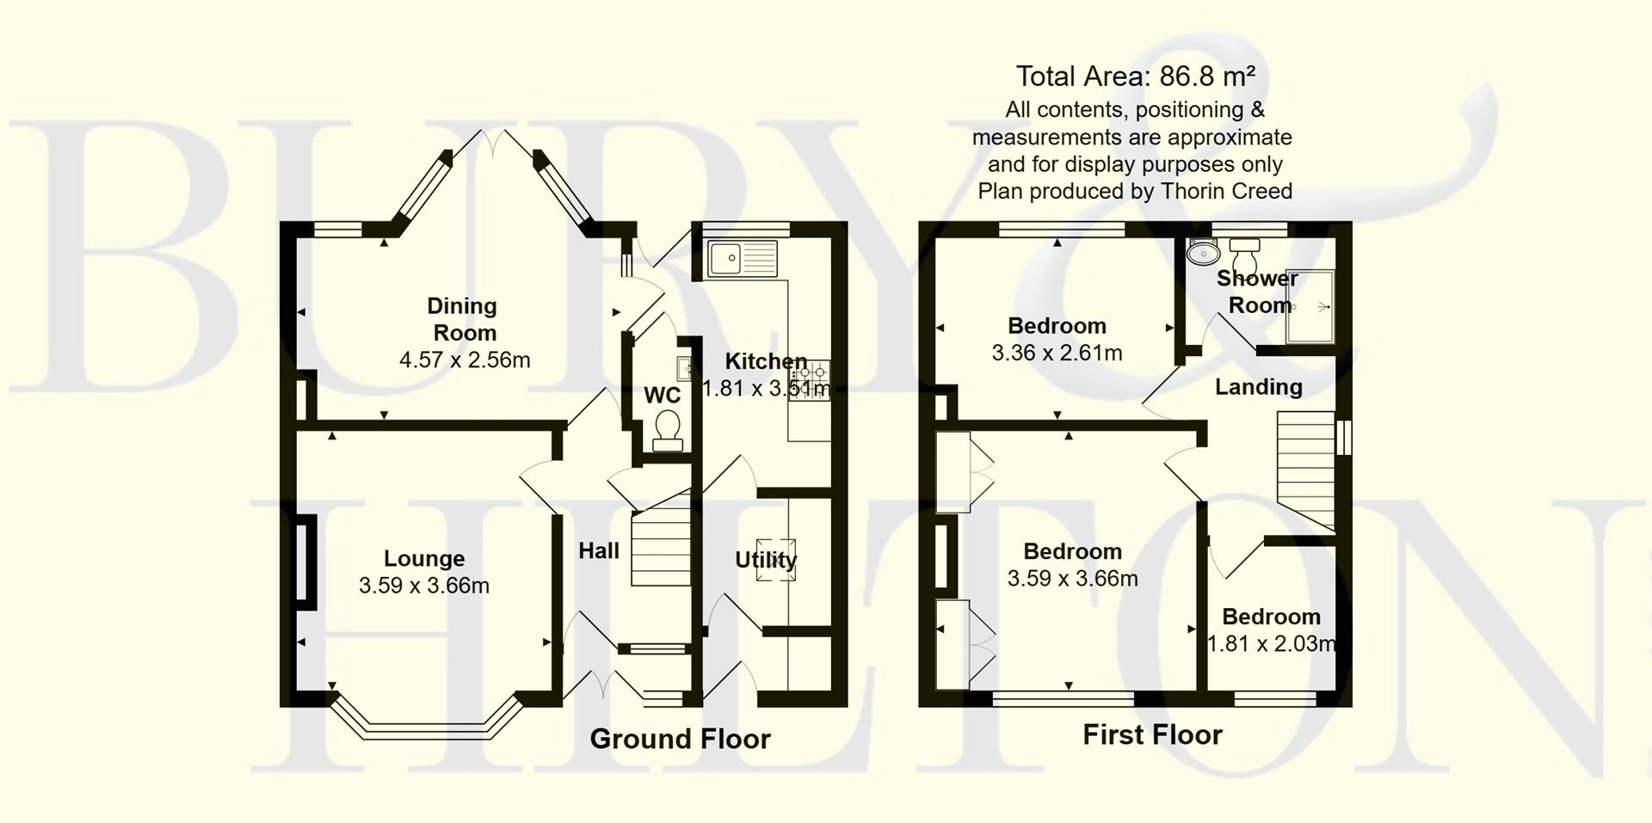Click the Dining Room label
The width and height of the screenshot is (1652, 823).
[x=463, y=319]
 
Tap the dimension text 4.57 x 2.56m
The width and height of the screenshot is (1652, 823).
[x=465, y=359]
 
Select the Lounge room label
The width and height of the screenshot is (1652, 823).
[x=424, y=559]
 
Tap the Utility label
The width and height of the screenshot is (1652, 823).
[x=766, y=560]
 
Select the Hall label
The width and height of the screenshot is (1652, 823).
[x=599, y=550]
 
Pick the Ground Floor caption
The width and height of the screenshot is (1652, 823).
[x=680, y=739]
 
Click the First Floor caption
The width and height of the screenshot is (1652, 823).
[x=1152, y=734]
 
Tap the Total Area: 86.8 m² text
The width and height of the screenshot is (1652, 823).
[x=1135, y=77]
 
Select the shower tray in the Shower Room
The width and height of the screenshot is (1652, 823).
[x=1310, y=307]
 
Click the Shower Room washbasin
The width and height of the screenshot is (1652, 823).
[x=1203, y=252]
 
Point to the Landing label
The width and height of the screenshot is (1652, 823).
[x=1258, y=387]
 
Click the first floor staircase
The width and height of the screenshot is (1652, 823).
[x=1305, y=469]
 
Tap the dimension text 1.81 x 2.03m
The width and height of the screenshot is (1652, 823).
[x=1272, y=643]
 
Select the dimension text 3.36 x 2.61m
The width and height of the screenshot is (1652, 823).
[x=1057, y=353]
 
